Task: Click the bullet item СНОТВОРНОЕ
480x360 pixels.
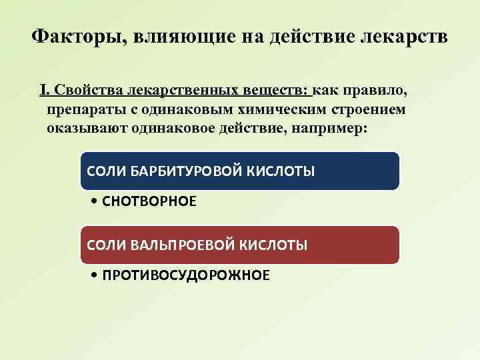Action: [x=149, y=201]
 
